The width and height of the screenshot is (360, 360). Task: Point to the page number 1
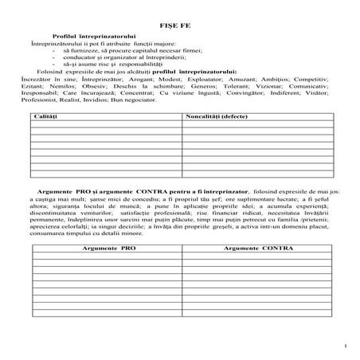[346, 346]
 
